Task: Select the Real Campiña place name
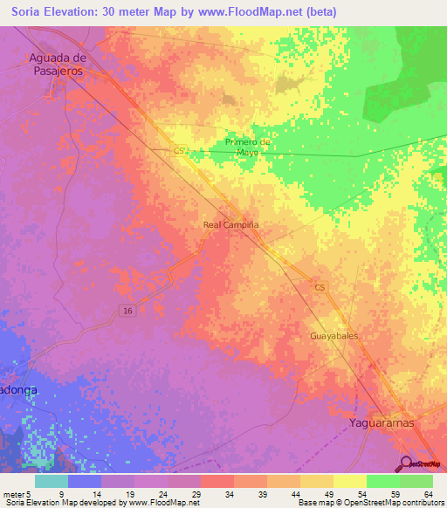coord(230,224)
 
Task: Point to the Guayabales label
coord(334,335)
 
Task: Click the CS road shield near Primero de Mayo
coord(179,150)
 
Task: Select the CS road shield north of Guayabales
coord(320,287)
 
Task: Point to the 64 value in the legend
coord(426,494)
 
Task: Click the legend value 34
coord(227,494)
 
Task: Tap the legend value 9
coord(60,494)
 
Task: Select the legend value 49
coord(327,494)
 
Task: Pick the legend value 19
coord(127,494)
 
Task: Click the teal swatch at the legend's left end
coord(52,481)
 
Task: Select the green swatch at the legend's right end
coord(416,481)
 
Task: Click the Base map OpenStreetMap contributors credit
coord(370,503)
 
